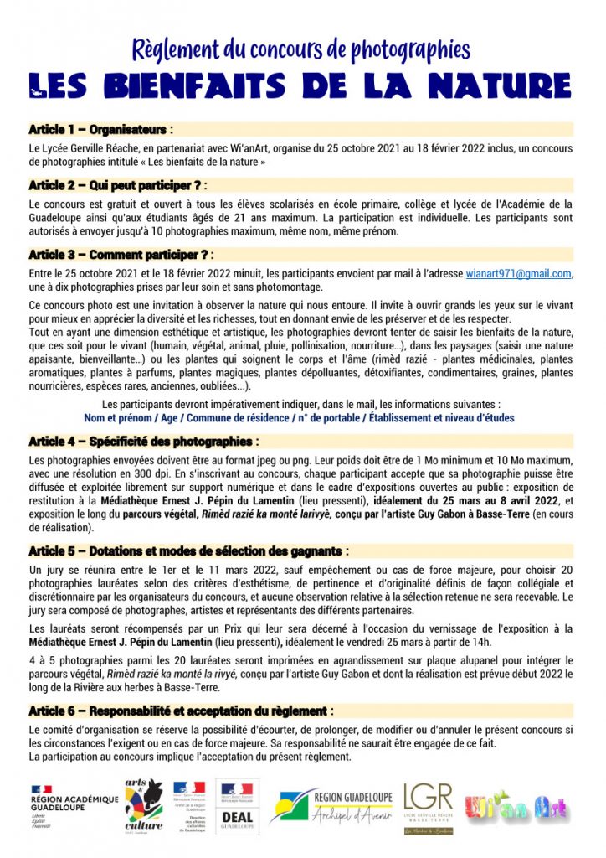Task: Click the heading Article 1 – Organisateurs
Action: click(x=101, y=130)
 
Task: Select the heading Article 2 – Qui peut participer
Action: click(x=117, y=185)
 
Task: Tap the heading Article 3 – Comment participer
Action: click(x=121, y=254)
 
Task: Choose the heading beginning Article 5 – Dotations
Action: click(x=188, y=550)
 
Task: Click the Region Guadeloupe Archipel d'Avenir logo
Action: click(x=331, y=805)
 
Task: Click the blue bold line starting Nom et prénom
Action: click(x=300, y=417)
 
